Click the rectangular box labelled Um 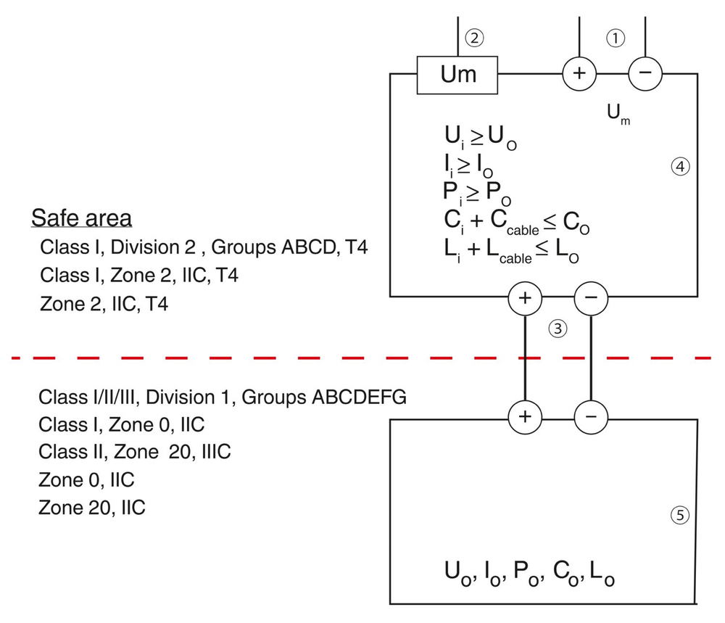[457, 74]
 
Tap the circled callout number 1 [615, 39]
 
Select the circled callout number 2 [473, 38]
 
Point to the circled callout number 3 [557, 329]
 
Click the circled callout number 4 [679, 167]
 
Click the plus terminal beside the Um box [579, 74]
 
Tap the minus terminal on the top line [645, 74]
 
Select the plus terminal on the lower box [524, 416]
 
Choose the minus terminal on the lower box [591, 416]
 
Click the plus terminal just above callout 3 [524, 297]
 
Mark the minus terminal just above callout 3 [591, 297]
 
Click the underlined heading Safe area [81, 218]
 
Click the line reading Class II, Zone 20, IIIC [135, 451]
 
